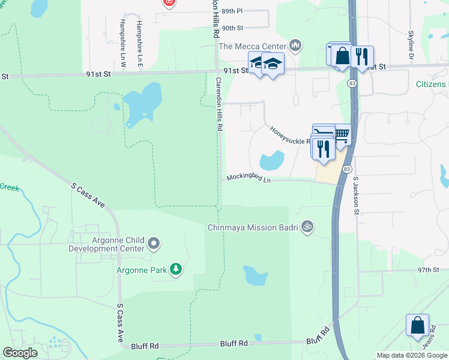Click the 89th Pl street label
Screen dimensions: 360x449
click(232, 11)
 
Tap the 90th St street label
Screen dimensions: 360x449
click(232, 28)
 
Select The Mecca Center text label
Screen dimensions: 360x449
click(252, 46)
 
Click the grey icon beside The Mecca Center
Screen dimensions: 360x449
click(295, 46)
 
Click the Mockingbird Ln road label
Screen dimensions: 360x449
click(249, 178)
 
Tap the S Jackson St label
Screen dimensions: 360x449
click(355, 195)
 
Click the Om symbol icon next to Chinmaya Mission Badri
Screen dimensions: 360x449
click(307, 227)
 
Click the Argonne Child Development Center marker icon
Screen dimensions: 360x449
click(154, 244)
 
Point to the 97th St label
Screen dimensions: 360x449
click(429, 270)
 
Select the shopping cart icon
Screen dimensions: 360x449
click(342, 134)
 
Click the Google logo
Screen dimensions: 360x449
click(20, 353)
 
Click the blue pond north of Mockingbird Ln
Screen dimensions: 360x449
click(271, 161)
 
